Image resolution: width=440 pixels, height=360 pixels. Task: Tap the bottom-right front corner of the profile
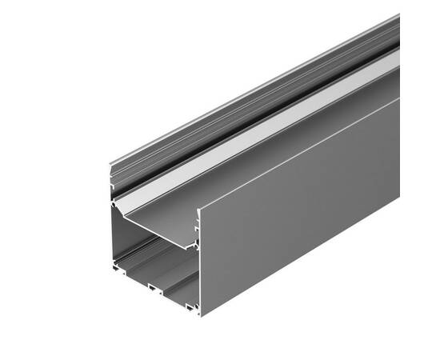pos(200,314)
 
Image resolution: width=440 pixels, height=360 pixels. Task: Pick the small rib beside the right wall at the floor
pos(190,304)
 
